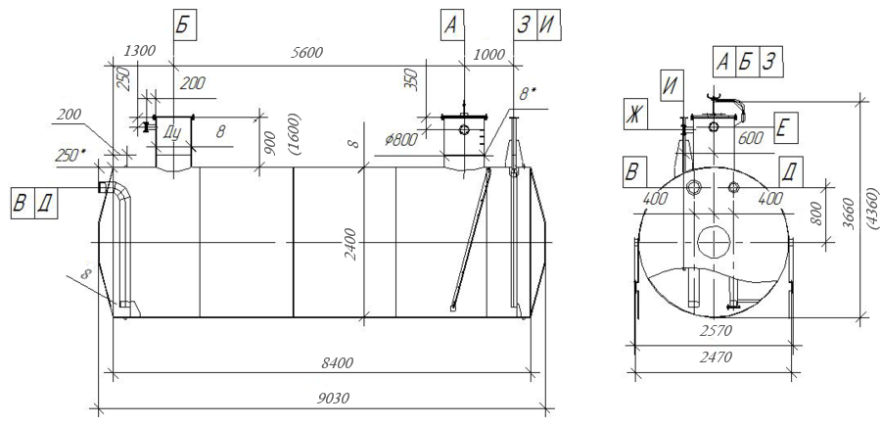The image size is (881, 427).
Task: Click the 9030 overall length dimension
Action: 333,399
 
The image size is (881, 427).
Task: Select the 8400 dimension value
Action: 337,363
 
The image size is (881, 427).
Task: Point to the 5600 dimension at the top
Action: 306,52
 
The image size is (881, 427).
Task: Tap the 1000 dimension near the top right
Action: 489,55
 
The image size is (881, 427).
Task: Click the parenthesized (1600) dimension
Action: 294,134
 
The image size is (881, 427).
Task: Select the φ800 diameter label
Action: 400,139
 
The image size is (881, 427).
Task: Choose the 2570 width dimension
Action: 716,331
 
